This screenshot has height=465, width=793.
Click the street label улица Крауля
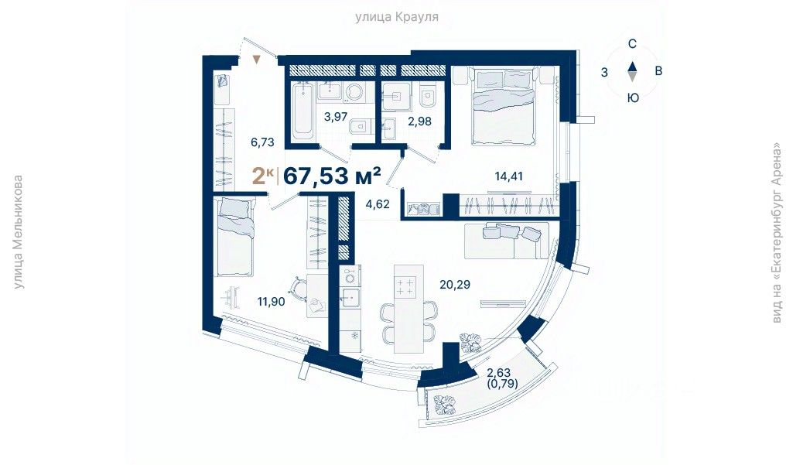coord(396,17)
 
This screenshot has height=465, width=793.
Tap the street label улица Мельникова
coord(19,232)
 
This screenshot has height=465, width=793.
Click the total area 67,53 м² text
coord(332,176)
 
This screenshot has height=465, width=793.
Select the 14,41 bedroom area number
coord(508,176)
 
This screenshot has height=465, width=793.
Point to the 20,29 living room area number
coord(455,285)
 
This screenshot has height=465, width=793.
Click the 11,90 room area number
coord(271,302)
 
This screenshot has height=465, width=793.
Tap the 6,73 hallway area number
coord(262,142)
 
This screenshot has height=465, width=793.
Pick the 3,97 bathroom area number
coord(336,117)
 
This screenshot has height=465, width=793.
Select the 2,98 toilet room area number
coord(420,121)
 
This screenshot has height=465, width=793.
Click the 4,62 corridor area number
coord(378,204)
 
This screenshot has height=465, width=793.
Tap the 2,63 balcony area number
coord(499,373)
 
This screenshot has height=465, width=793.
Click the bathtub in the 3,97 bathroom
coord(303,111)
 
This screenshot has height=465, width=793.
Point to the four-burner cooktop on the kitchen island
coord(405,286)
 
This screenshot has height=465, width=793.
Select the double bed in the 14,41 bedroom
coord(503,106)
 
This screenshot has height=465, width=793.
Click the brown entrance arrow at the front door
coord(257,60)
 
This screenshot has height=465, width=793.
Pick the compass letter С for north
coord(632,44)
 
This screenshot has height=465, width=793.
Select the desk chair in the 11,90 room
coord(296,287)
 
